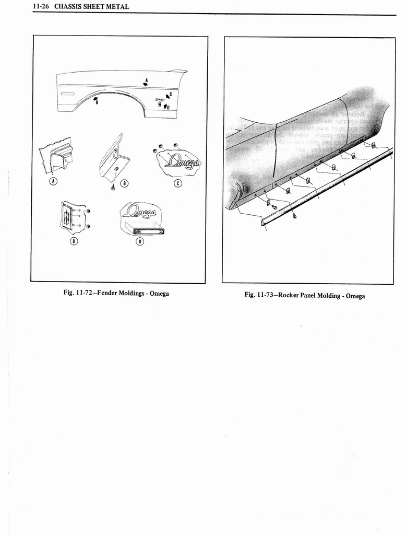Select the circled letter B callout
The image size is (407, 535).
point(124,183)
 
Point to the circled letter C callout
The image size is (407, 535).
point(177,183)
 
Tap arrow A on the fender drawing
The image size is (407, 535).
point(146,83)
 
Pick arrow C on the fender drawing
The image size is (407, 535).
point(167,96)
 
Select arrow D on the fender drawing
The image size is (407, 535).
point(166,107)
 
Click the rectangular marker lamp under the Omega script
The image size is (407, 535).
point(148,230)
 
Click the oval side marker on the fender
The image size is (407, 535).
point(68,94)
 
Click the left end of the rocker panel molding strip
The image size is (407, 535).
point(264,222)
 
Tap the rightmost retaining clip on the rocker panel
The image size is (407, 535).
point(374,145)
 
